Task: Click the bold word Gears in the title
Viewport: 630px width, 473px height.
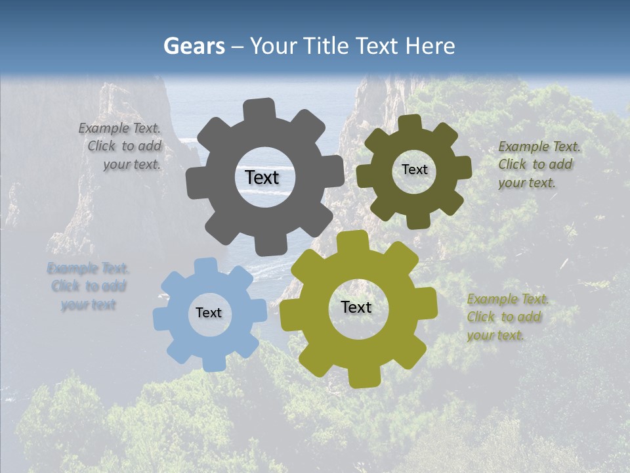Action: coord(194,46)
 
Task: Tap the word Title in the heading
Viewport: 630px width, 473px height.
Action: coord(328,46)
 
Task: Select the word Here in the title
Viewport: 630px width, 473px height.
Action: coord(430,46)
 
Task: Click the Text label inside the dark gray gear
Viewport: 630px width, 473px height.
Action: coord(262,177)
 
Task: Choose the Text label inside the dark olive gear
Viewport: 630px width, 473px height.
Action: coord(414,169)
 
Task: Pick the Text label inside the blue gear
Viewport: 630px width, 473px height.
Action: coord(209,313)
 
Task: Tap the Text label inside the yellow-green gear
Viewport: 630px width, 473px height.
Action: coord(356,307)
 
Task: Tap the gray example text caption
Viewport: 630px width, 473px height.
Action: coord(121,146)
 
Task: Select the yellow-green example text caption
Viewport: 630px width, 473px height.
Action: coord(507,317)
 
